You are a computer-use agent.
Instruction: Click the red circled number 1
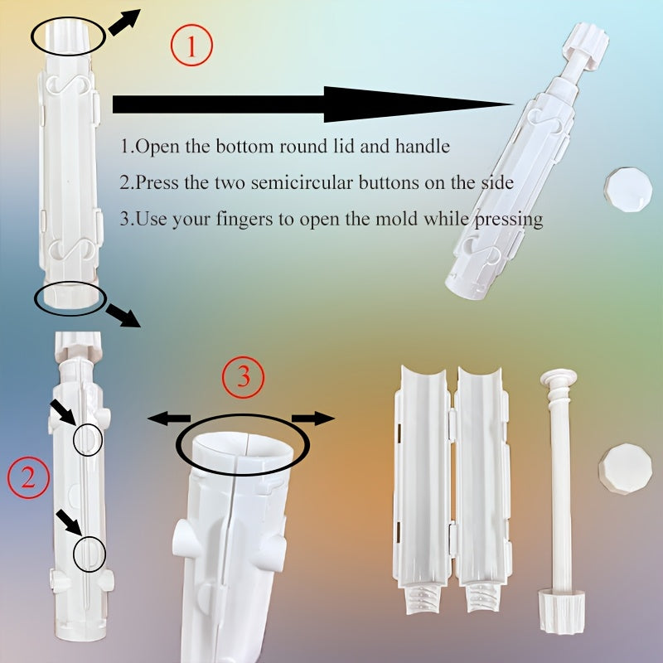pyautogui.click(x=191, y=46)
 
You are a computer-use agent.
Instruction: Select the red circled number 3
pyautogui.click(x=243, y=378)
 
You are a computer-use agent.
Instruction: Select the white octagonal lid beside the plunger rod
pyautogui.click(x=625, y=468)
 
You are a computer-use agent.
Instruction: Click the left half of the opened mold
pyautogui.click(x=423, y=489)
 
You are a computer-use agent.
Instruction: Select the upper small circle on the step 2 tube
pyautogui.click(x=87, y=441)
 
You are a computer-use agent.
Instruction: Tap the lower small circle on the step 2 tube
pyautogui.click(x=89, y=554)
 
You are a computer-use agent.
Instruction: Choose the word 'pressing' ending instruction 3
pyautogui.click(x=511, y=220)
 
